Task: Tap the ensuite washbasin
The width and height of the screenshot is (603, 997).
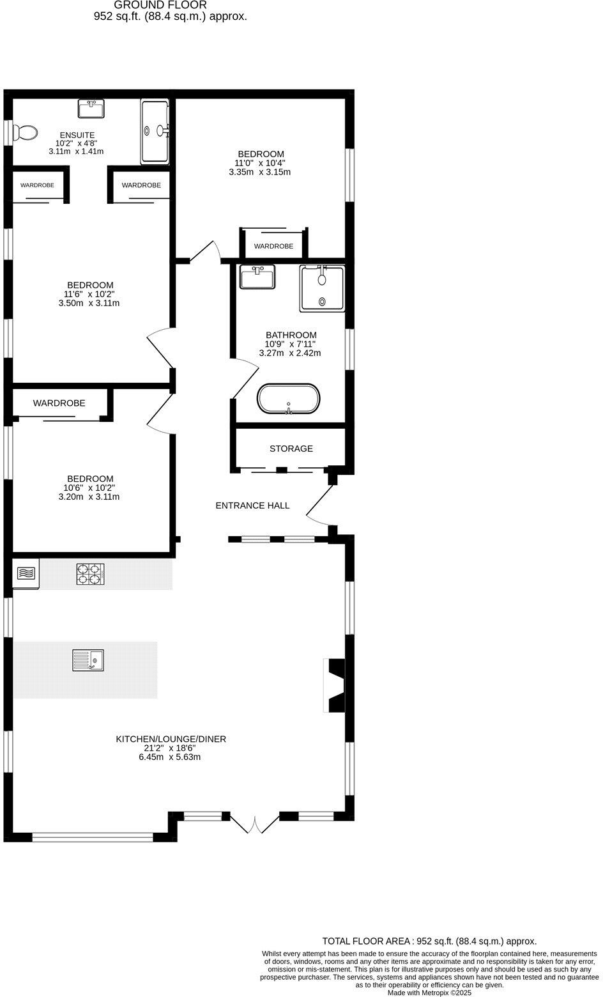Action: tap(91, 109)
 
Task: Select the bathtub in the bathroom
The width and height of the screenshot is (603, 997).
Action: tap(289, 399)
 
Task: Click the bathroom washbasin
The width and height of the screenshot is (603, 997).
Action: tap(257, 277)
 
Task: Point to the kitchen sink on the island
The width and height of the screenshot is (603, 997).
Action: tap(88, 660)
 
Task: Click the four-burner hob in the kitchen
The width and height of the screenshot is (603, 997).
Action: tap(90, 574)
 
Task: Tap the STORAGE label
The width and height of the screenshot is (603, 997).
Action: tap(291, 449)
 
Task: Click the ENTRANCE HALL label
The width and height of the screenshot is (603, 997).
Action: tap(252, 506)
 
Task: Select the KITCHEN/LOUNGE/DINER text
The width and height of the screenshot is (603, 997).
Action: tap(171, 739)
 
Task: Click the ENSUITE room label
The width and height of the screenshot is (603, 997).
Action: tap(77, 135)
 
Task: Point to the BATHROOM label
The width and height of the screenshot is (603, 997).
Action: tap(291, 335)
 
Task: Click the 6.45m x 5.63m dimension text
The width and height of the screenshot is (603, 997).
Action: tap(171, 757)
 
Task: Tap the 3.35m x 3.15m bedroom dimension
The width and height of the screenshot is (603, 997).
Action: tap(261, 172)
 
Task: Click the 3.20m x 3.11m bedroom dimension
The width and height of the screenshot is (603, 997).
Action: tap(90, 497)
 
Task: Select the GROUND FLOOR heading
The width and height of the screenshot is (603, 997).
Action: tap(160, 5)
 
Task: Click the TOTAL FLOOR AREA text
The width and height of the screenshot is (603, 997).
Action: tap(429, 941)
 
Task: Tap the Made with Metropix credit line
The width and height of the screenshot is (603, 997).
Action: tap(429, 993)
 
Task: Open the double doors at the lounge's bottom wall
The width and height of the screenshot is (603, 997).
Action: tap(254, 824)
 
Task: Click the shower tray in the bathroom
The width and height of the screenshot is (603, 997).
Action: tap(322, 289)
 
